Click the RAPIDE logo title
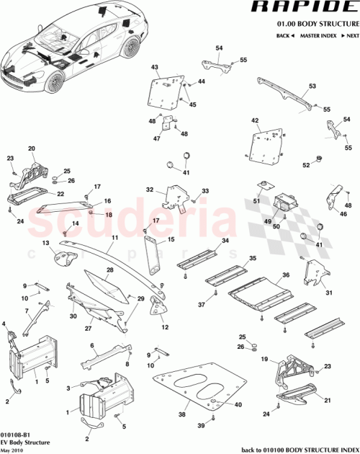(304, 8)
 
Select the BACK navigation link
(284, 35)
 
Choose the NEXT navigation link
(351, 35)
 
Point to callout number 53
(312, 86)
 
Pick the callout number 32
(150, 190)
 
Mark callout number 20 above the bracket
(31, 148)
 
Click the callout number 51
(254, 202)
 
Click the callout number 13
(45, 244)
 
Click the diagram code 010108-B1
(16, 435)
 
